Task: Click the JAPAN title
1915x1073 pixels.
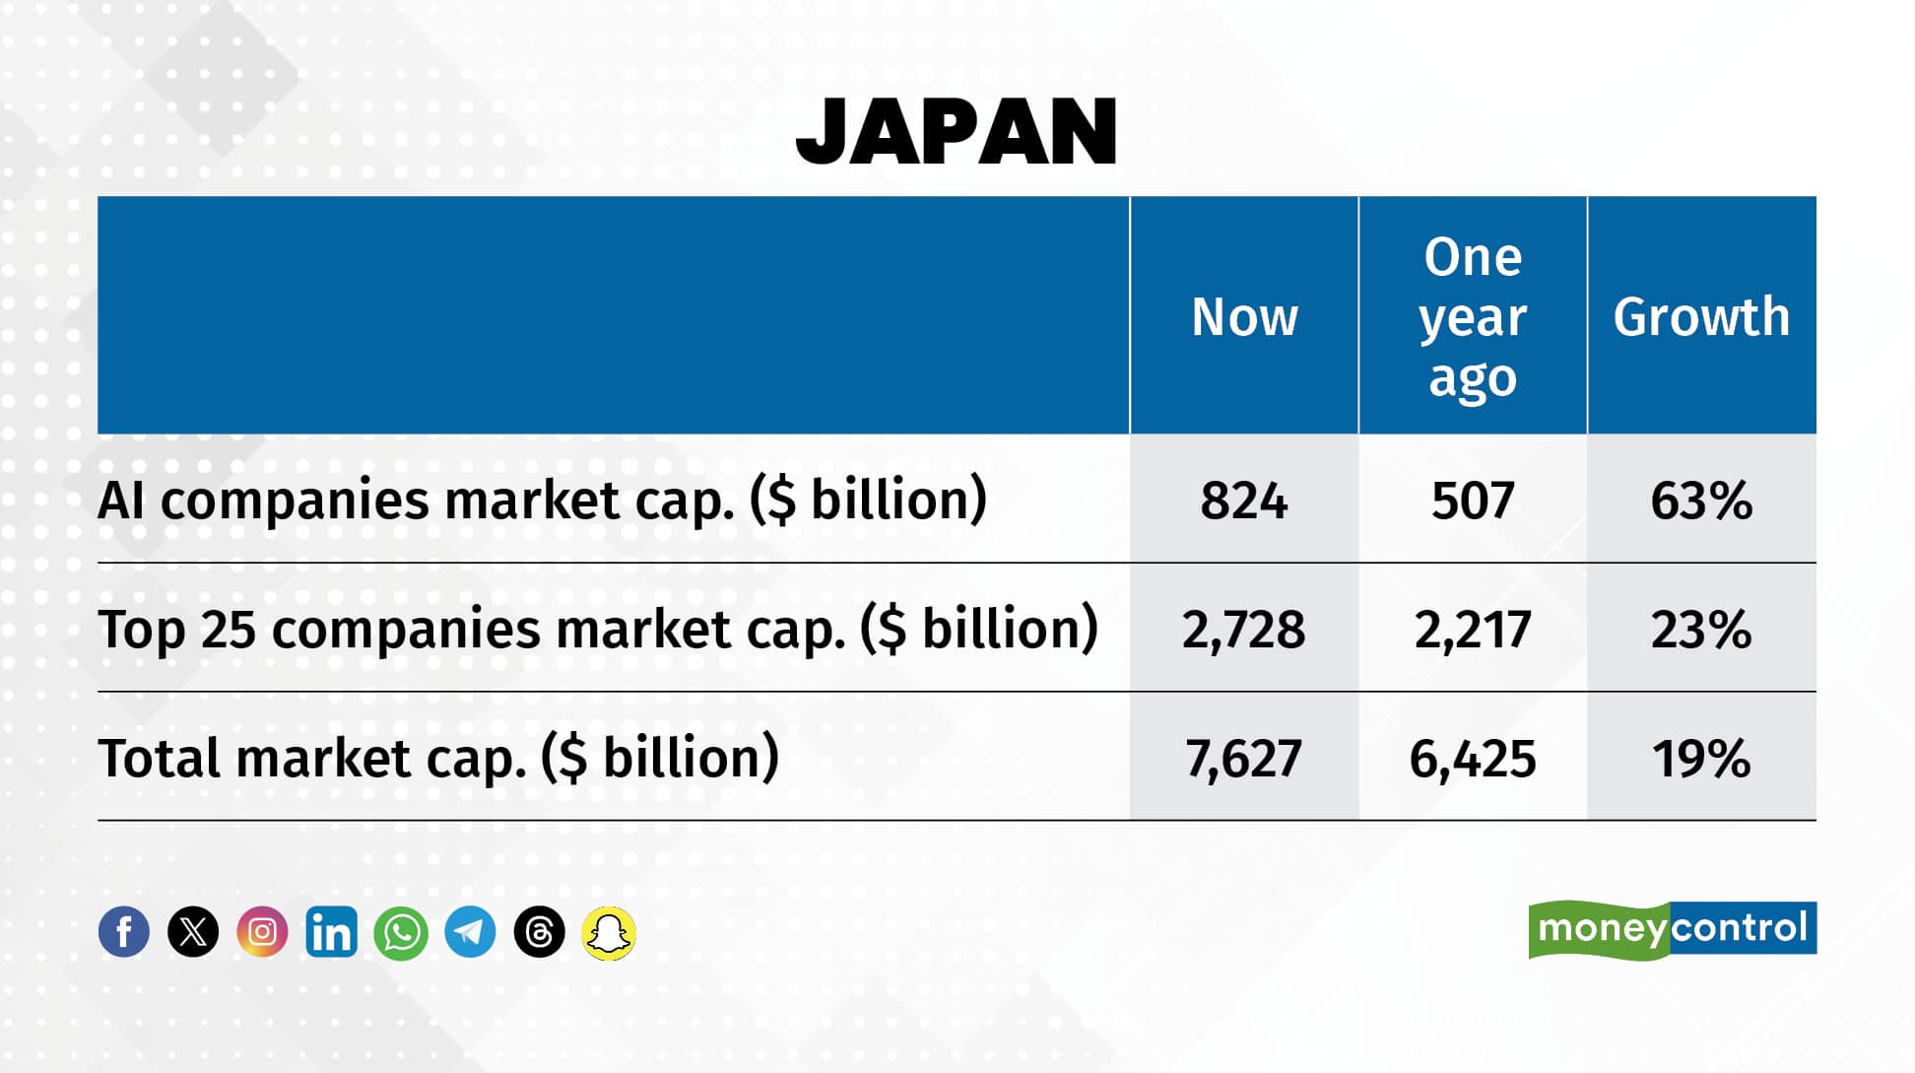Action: pyautogui.click(x=957, y=132)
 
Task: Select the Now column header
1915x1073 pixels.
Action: pyautogui.click(x=1244, y=317)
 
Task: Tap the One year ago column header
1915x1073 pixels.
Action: pyautogui.click(x=1473, y=317)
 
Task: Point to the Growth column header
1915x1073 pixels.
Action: pyautogui.click(x=1701, y=317)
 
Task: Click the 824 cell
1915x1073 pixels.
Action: pyautogui.click(x=1244, y=501)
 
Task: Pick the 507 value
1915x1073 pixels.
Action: pyautogui.click(x=1473, y=501)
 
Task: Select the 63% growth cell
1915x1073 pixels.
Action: pyautogui.click(x=1701, y=501)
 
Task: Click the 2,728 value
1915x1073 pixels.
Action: pyautogui.click(x=1244, y=630)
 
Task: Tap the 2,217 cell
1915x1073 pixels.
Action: pyautogui.click(x=1473, y=630)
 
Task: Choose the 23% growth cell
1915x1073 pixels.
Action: pyautogui.click(x=1701, y=630)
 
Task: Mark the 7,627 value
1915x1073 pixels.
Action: pyautogui.click(x=1244, y=759)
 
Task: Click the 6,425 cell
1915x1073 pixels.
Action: pyautogui.click(x=1473, y=759)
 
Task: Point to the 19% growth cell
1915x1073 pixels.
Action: pyautogui.click(x=1701, y=759)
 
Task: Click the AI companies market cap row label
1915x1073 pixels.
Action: pyautogui.click(x=542, y=500)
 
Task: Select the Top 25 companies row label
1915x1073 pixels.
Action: pyautogui.click(x=598, y=629)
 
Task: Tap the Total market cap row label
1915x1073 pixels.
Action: pyautogui.click(x=438, y=758)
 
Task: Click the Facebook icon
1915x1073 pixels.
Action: pyautogui.click(x=124, y=932)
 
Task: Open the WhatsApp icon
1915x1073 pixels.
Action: pyautogui.click(x=401, y=932)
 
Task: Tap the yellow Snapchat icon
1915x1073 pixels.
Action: pyautogui.click(x=609, y=932)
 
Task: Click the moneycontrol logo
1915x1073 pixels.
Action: pyautogui.click(x=1672, y=929)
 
